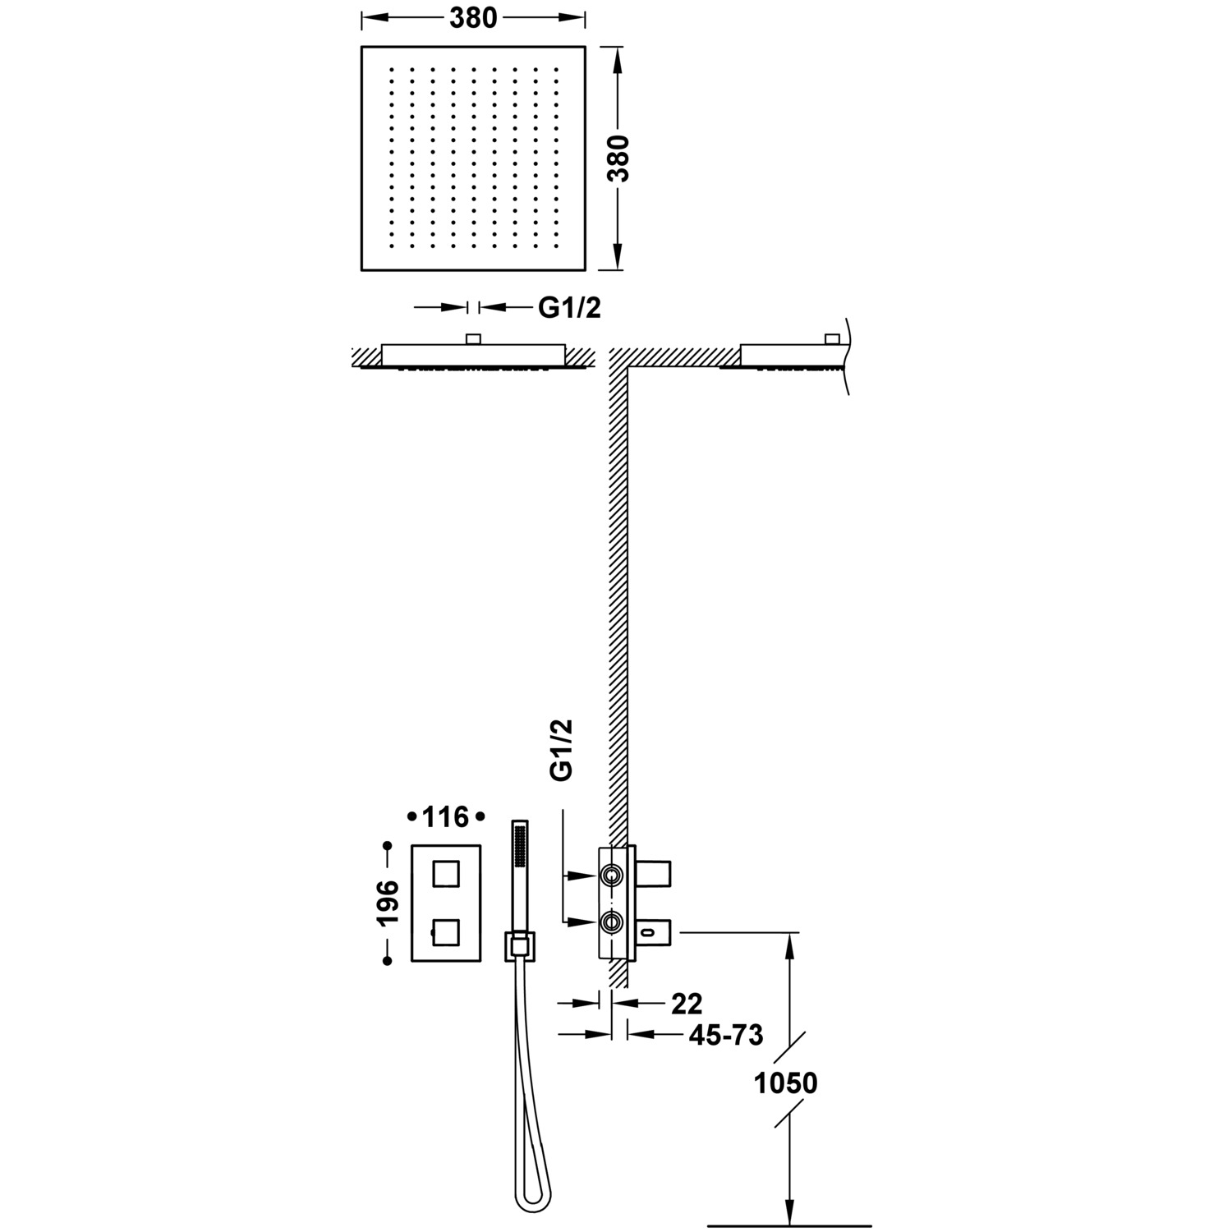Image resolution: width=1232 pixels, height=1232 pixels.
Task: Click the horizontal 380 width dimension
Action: point(473,16)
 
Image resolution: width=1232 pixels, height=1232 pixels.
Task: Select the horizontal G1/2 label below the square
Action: point(570,307)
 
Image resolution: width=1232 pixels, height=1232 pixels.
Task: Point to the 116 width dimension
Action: point(445,817)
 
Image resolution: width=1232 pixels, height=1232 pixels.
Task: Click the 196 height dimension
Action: point(388,902)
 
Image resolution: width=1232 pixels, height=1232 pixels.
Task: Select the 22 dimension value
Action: point(687,1003)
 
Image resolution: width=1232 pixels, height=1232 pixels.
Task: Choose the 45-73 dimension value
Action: point(725,1035)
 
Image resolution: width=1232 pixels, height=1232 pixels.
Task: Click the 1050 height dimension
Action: point(786,1083)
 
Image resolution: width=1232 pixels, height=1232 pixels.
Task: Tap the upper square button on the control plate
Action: point(445,873)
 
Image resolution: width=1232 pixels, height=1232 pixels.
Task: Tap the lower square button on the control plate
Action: point(445,932)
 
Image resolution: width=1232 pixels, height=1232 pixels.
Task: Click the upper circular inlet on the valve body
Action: point(610,876)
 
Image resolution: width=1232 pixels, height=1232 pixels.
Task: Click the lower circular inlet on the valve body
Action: point(610,923)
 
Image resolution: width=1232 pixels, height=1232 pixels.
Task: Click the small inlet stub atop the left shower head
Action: point(473,338)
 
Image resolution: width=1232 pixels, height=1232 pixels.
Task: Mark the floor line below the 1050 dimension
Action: point(788,1225)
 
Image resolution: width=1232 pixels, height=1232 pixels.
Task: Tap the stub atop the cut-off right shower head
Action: point(832,338)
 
